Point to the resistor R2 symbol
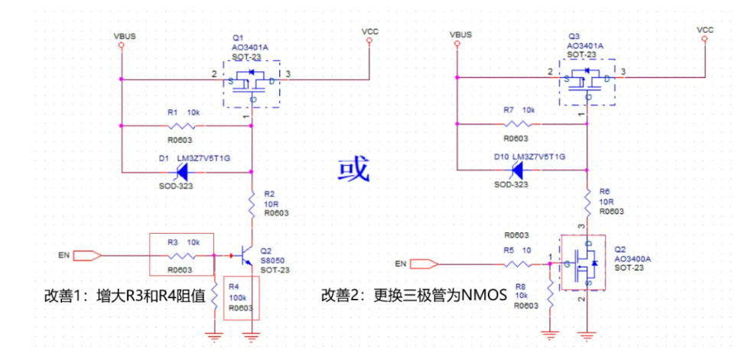pos(252,202)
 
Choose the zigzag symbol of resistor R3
pos(182,255)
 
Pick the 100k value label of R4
pos(236,297)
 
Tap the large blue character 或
pos(354,169)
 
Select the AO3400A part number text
pos(632,259)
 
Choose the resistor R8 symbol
pos(550,290)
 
